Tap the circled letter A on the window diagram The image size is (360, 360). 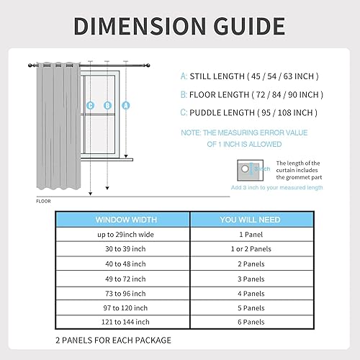pyautogui.click(x=126, y=105)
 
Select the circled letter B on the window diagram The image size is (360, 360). pyautogui.click(x=107, y=105)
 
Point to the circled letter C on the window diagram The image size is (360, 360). pyautogui.click(x=91, y=105)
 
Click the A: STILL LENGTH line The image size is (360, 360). pyautogui.click(x=249, y=76)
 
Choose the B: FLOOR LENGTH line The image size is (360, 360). pyautogui.click(x=251, y=94)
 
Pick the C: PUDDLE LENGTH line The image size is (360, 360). pyautogui.click(x=249, y=112)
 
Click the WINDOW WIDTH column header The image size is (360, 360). pyautogui.click(x=122, y=219)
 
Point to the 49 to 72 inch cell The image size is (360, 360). pyautogui.click(x=122, y=279)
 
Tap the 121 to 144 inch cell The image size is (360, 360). pyautogui.click(x=122, y=322)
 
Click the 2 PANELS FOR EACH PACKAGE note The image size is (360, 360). pyautogui.click(x=113, y=339)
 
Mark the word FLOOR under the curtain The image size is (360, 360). pyautogui.click(x=44, y=201)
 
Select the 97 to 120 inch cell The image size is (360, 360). pyautogui.click(x=122, y=307)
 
